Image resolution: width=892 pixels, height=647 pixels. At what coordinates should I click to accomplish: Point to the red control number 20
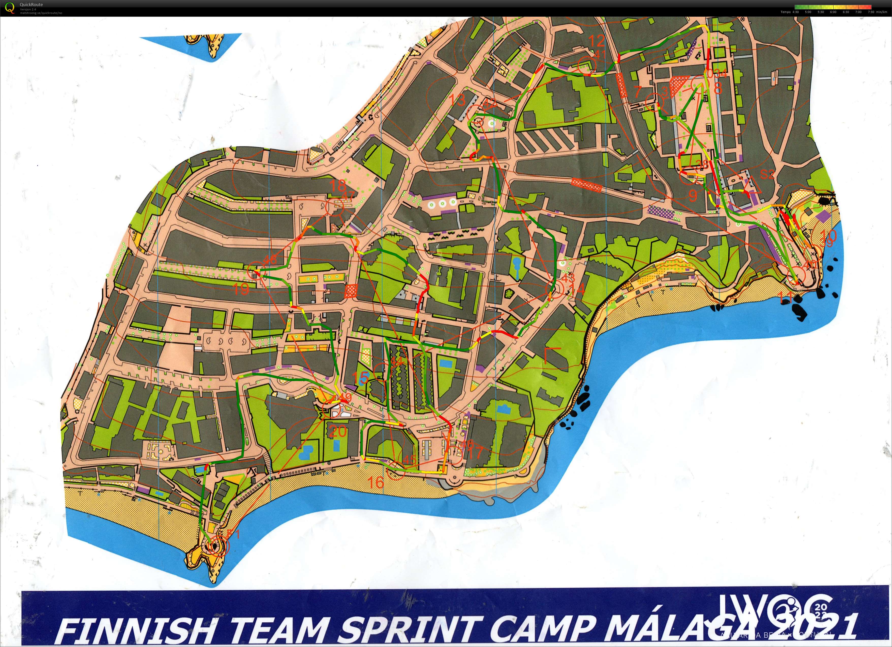(338, 432)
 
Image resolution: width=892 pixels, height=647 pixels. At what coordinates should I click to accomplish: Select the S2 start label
(766, 174)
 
